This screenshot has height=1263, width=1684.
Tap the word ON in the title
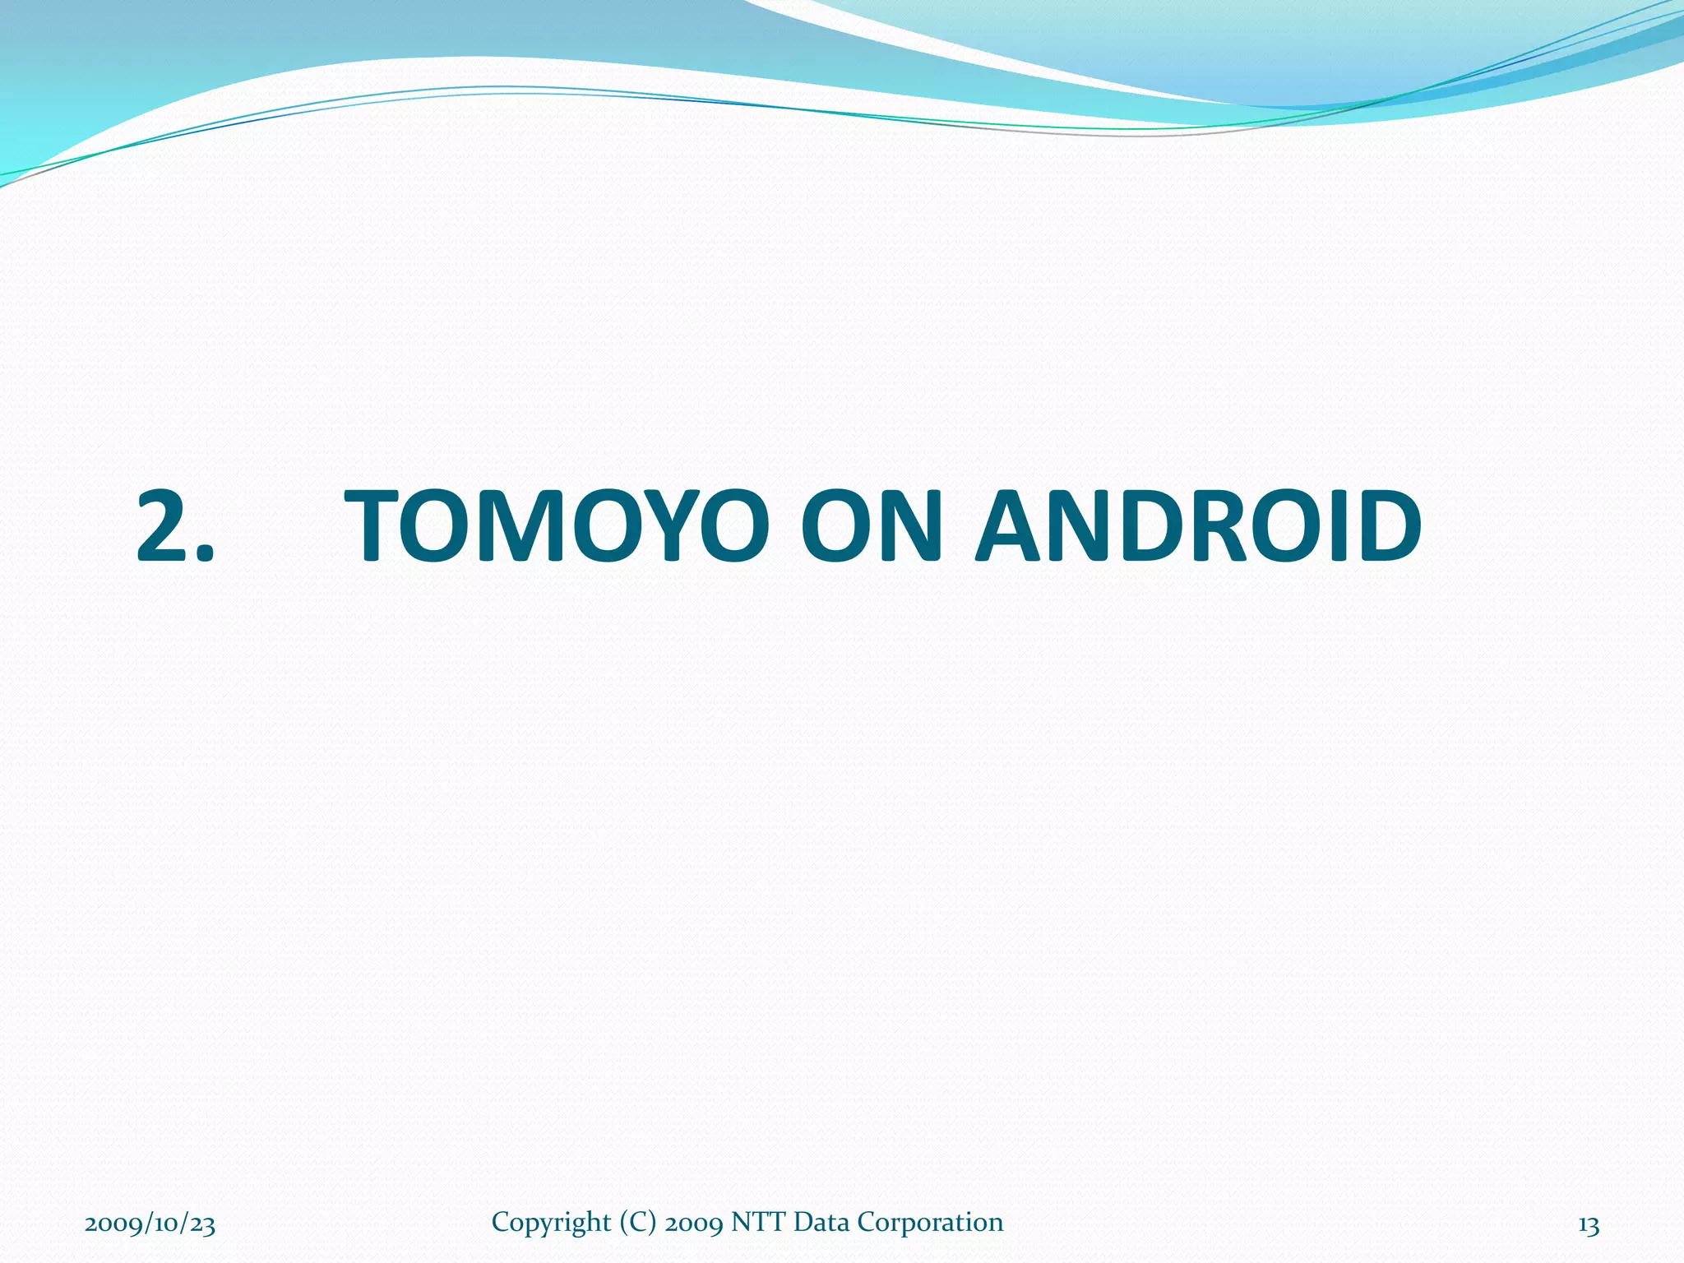point(872,526)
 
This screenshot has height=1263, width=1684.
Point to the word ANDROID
point(1198,526)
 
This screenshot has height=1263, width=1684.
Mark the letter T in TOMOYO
point(375,526)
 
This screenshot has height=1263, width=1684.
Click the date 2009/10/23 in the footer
point(150,1224)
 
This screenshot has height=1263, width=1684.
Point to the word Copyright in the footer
point(551,1223)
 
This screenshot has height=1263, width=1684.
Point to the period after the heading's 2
point(202,554)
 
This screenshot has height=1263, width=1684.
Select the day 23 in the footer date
point(201,1224)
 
